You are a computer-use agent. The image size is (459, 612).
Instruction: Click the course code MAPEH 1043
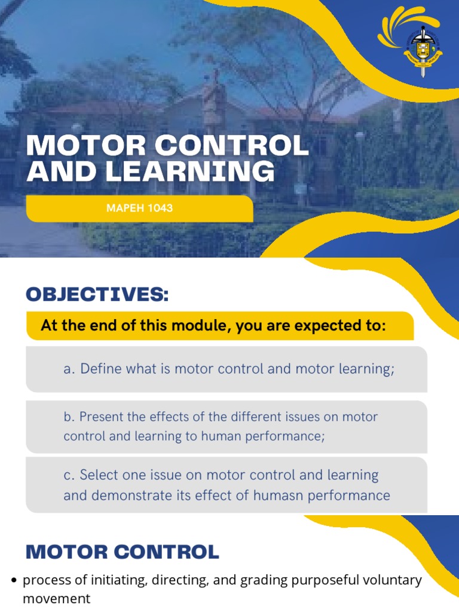click(139, 209)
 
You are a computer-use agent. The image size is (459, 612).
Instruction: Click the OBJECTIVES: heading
click(97, 295)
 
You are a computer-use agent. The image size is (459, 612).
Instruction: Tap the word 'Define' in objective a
click(101, 369)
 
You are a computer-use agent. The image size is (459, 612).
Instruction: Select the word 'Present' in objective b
click(102, 417)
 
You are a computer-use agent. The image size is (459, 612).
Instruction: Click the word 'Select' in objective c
click(99, 476)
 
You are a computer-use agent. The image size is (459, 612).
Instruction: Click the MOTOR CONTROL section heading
click(122, 552)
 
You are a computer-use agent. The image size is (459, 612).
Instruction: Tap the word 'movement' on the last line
click(56, 598)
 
